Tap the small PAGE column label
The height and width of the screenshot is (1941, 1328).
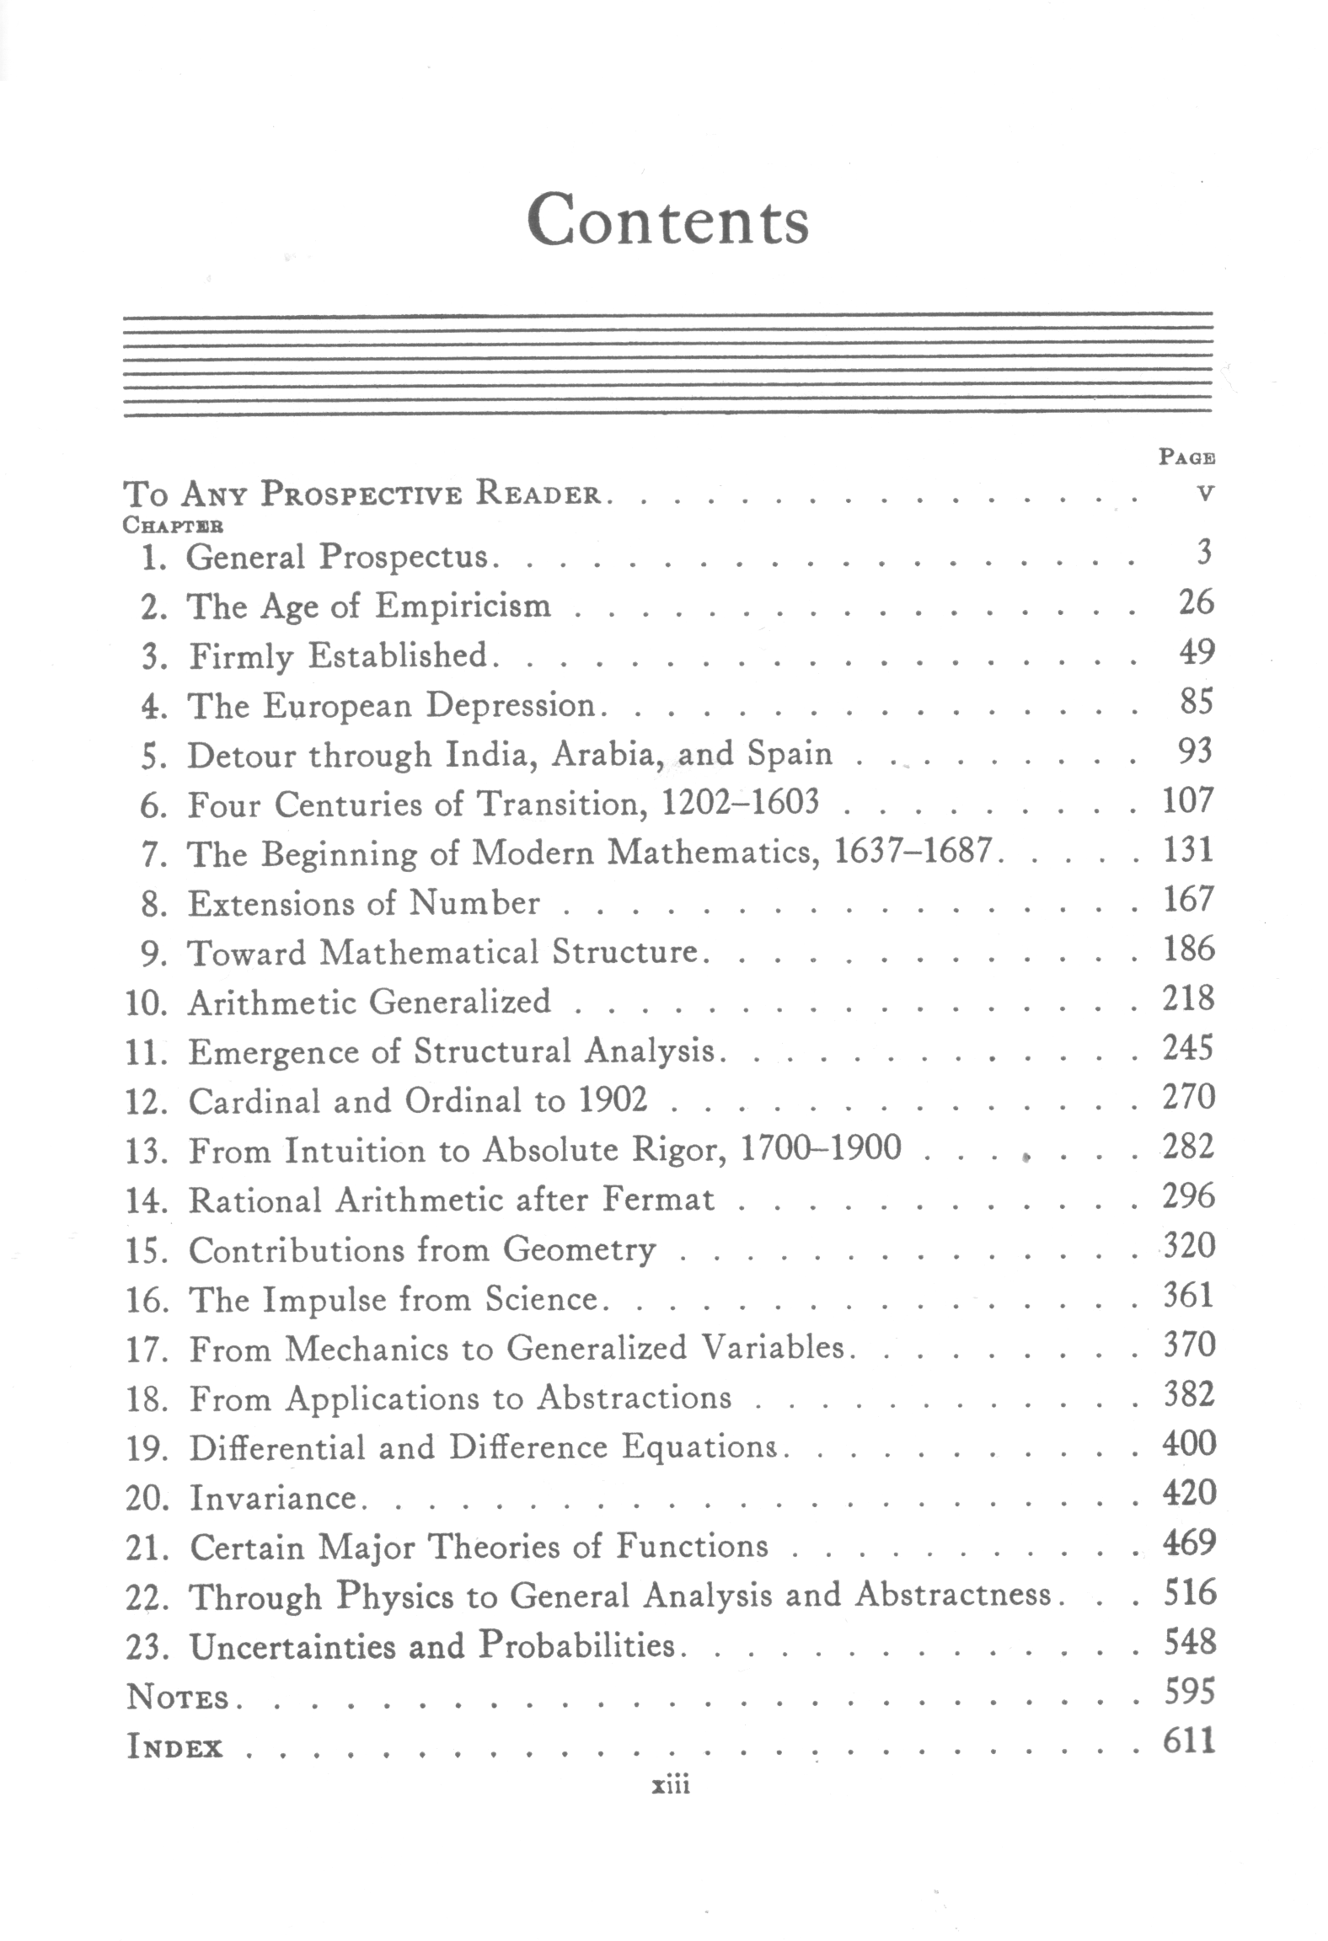point(1186,457)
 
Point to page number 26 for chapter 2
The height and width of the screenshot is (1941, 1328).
point(1196,603)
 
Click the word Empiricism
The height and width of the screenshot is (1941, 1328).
point(463,607)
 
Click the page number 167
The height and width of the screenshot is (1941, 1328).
point(1188,901)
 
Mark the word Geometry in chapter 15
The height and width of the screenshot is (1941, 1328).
point(579,1250)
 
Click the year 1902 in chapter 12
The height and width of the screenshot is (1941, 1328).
point(613,1100)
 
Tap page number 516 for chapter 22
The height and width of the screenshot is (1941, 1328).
point(1190,1593)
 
